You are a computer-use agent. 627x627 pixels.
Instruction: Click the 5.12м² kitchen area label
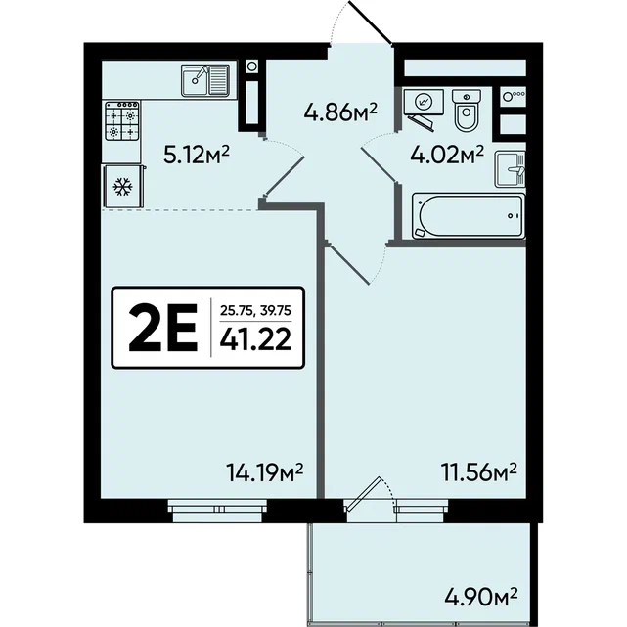click(197, 155)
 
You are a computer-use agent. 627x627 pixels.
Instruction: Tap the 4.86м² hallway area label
click(340, 112)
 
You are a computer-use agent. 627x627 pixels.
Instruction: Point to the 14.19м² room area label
click(265, 472)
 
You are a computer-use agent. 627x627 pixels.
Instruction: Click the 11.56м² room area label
click(478, 472)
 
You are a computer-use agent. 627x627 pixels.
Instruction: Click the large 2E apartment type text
click(163, 328)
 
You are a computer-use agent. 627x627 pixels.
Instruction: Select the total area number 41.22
click(255, 339)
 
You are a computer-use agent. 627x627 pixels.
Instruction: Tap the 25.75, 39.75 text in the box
click(255, 310)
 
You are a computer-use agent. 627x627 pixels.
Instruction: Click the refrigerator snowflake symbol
click(122, 187)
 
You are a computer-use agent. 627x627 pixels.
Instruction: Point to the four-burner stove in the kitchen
click(122, 120)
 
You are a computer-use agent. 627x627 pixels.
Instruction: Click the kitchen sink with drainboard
click(205, 80)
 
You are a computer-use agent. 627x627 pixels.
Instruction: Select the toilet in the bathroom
click(467, 110)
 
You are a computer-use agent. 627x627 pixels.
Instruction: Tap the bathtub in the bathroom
click(469, 216)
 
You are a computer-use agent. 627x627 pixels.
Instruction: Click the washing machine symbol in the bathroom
click(424, 103)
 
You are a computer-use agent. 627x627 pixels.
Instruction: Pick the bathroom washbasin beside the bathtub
click(511, 169)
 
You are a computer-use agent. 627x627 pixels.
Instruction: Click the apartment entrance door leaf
click(371, 22)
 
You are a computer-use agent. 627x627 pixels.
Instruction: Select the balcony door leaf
click(363, 494)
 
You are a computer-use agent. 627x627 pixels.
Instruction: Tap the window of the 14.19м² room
click(217, 511)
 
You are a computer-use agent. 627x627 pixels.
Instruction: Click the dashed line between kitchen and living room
click(180, 209)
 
